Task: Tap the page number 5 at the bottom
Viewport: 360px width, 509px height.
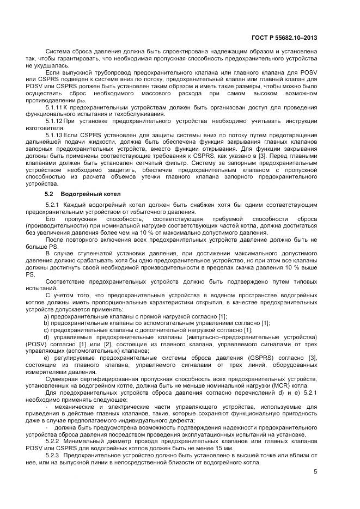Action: [x=315, y=471]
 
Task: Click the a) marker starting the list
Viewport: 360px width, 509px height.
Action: [x=47, y=316]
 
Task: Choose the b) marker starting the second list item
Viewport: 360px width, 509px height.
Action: [x=47, y=323]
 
